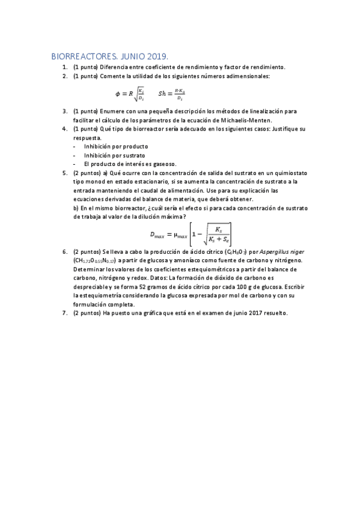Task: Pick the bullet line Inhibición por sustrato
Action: pyautogui.click(x=115, y=155)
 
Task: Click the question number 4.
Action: pyautogui.click(x=64, y=129)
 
